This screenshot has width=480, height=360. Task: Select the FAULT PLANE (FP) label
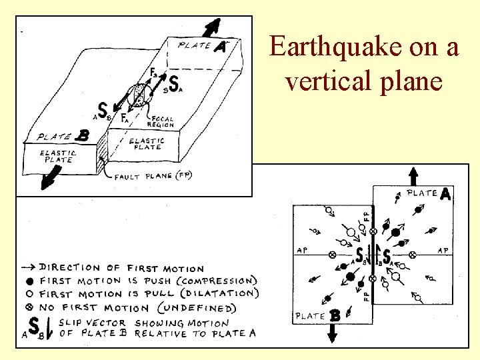coord(153,177)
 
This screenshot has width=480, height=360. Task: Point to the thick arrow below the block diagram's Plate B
coord(49,180)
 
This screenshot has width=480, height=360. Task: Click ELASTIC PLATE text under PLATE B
coord(59,156)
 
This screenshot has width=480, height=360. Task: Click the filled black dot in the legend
coord(31,281)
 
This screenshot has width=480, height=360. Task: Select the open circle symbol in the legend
coord(31,294)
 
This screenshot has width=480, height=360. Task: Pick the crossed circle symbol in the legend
coord(31,307)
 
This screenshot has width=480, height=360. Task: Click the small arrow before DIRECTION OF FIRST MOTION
coord(30,268)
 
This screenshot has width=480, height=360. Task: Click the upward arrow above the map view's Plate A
coord(413,177)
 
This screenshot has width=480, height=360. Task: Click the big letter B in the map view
coord(335,315)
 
